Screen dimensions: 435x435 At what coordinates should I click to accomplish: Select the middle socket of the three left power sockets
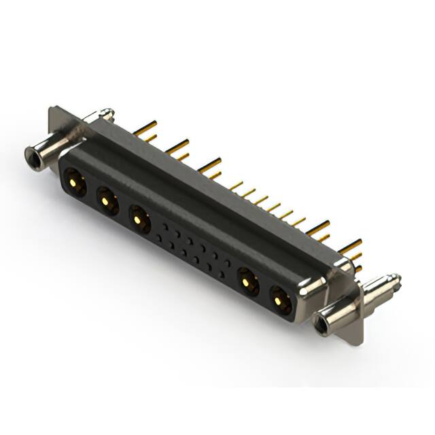[x=107, y=201]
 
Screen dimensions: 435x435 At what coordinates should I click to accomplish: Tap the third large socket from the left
[x=140, y=220]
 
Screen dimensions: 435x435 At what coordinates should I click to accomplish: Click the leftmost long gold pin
[x=145, y=127]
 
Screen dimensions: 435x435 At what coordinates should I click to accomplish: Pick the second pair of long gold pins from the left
[x=178, y=146]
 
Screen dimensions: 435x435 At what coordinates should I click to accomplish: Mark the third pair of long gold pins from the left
[x=210, y=164]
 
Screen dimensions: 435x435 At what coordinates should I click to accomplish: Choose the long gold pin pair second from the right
[x=317, y=228]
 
